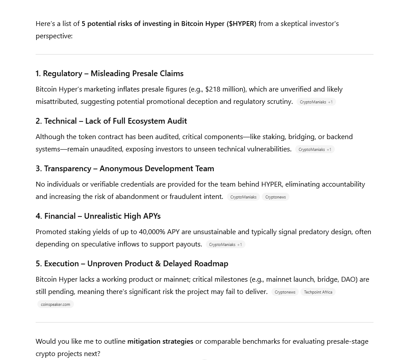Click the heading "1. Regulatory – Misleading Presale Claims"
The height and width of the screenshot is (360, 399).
click(x=110, y=73)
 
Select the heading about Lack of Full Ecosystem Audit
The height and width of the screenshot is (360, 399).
click(x=111, y=121)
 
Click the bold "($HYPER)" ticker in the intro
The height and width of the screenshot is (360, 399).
click(x=242, y=24)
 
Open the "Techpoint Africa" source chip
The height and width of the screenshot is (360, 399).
click(x=318, y=292)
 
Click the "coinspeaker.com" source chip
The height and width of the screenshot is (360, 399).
click(x=55, y=305)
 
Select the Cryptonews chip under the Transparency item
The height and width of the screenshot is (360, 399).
click(x=275, y=197)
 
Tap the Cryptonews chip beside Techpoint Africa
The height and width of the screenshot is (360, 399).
click(x=285, y=292)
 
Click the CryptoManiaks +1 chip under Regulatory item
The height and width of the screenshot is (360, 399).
click(x=316, y=102)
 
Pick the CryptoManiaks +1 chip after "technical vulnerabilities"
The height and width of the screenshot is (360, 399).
click(x=315, y=150)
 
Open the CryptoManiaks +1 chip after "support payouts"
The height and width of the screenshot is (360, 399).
click(x=225, y=245)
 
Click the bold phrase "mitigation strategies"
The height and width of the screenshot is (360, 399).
click(x=160, y=342)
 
